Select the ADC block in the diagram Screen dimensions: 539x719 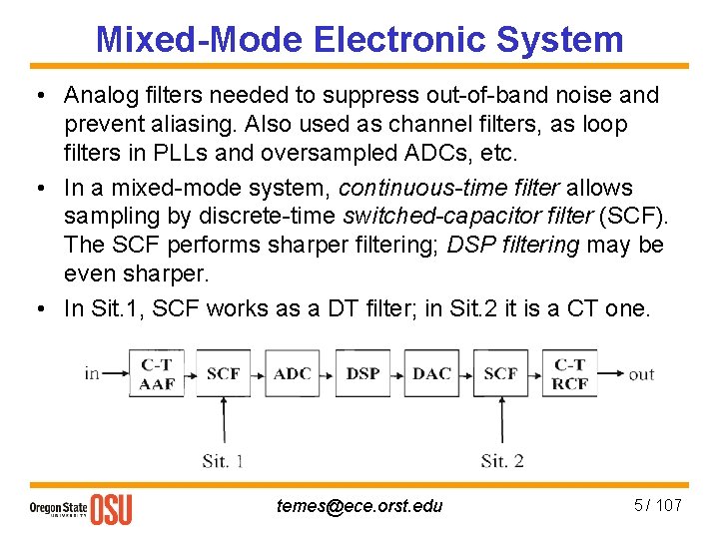(293, 374)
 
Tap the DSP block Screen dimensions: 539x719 (362, 374)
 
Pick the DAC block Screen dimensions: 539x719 (431, 374)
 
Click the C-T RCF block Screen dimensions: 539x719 (570, 374)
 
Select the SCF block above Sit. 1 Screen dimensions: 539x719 (223, 374)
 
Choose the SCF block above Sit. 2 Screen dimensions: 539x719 (501, 374)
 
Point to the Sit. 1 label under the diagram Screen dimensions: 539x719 (223, 460)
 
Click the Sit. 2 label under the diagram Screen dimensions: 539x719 (501, 460)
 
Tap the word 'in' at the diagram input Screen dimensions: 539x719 (92, 374)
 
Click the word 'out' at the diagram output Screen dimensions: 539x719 (641, 374)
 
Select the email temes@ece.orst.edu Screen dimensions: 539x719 (359, 506)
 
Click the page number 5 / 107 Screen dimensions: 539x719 (657, 505)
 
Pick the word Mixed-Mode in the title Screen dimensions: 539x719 (199, 39)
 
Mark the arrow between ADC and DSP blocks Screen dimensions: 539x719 (328, 374)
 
